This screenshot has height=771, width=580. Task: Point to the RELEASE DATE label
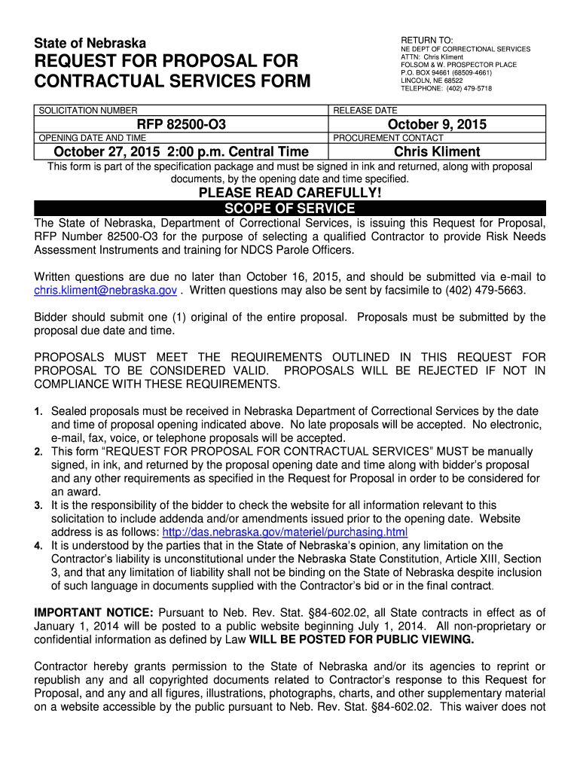coord(365,111)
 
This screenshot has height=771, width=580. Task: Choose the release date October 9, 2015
coord(437,124)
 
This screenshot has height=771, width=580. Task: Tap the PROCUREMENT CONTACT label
coord(388,138)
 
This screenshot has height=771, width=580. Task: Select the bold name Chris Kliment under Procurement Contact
coord(437,151)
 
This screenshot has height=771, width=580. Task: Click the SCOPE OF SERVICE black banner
coord(290,209)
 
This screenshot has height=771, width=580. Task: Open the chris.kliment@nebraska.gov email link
coord(105,291)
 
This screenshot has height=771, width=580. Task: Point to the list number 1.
coord(38,412)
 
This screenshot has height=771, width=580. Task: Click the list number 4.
coord(38,546)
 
